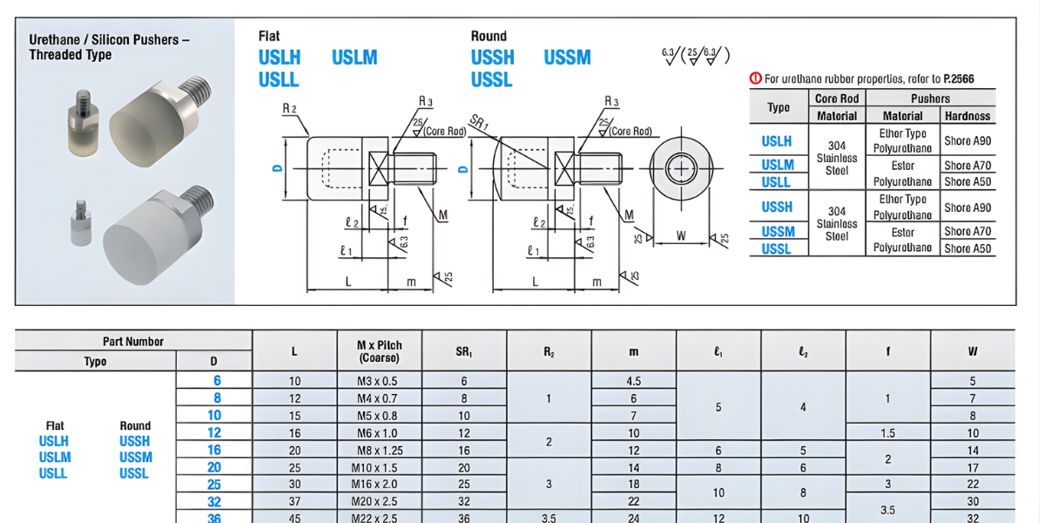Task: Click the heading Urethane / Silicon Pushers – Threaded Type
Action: [x=110, y=47]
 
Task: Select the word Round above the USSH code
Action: [x=489, y=36]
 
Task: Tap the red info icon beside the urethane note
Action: [x=755, y=78]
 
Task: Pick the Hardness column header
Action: [x=967, y=115]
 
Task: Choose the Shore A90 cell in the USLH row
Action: [x=967, y=140]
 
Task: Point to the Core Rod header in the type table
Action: [x=836, y=98]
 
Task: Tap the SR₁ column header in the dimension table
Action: [x=463, y=351]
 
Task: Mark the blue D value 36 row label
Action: [x=214, y=518]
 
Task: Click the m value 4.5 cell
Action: [x=633, y=381]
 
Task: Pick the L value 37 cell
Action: [x=295, y=500]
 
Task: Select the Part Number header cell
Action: [x=133, y=342]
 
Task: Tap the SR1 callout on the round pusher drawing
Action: [x=478, y=123]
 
